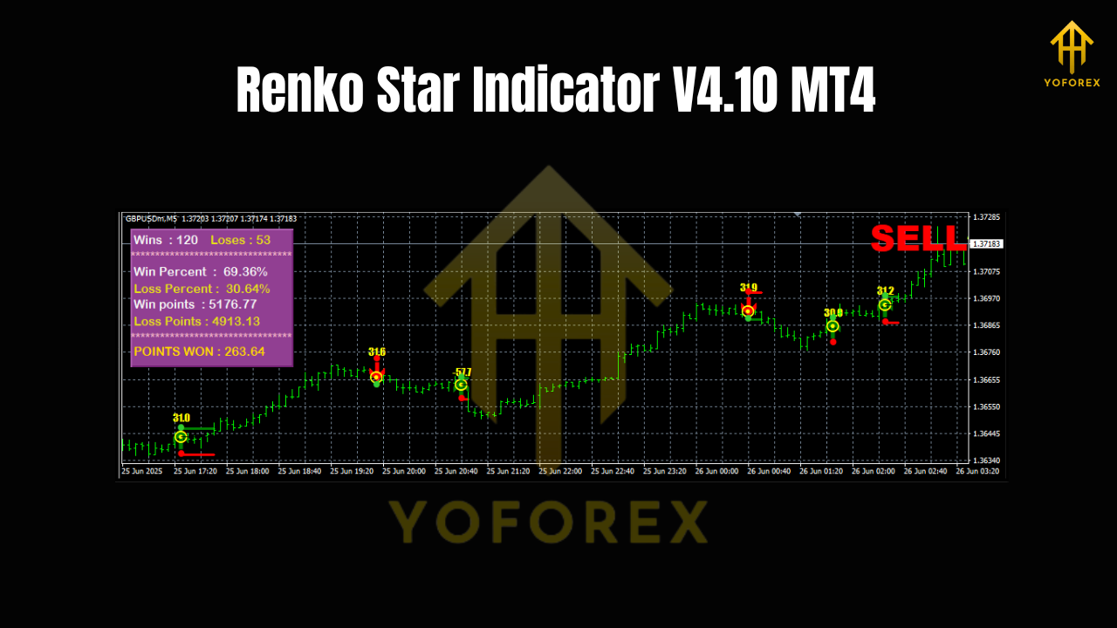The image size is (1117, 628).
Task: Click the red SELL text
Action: [x=918, y=238]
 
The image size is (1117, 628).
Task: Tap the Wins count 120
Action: [x=187, y=240]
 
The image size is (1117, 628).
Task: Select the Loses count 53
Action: [x=263, y=240]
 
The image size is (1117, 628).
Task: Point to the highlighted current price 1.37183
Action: [x=988, y=244]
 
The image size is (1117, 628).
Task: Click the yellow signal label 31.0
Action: [x=182, y=419]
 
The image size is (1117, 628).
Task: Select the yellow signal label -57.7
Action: [x=463, y=372]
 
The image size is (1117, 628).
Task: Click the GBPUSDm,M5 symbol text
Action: [x=151, y=219]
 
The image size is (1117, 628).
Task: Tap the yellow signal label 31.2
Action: [x=885, y=291]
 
